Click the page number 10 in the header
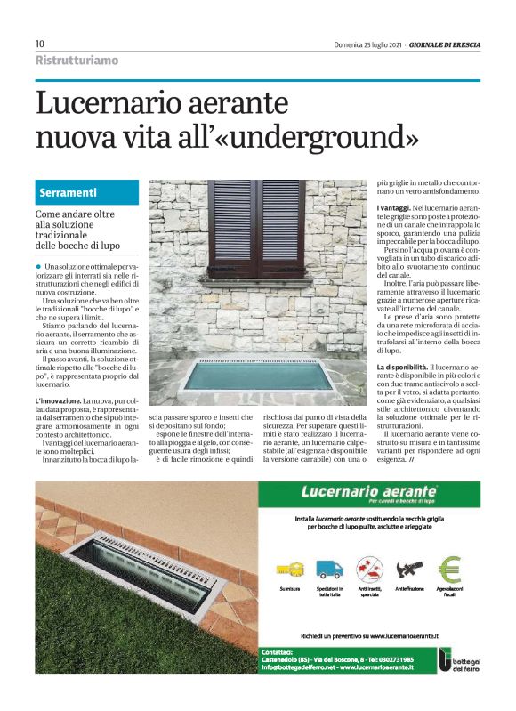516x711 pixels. tap(40, 44)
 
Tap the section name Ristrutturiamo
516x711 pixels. tap(76, 61)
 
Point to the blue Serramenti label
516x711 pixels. tap(68, 193)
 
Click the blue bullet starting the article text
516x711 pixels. tap(39, 267)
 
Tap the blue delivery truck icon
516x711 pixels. tap(329, 568)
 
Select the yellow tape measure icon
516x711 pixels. tap(287, 569)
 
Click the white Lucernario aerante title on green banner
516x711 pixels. tap(368, 491)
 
